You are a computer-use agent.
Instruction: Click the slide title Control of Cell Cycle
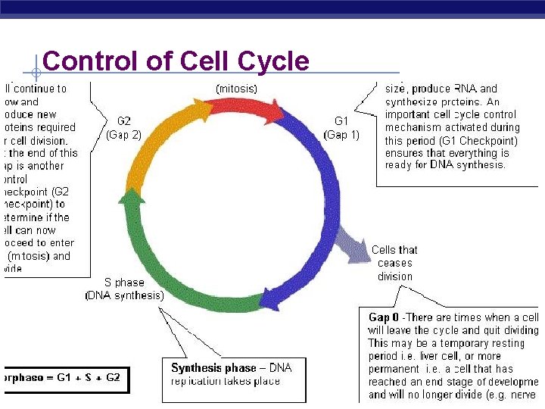(x=176, y=61)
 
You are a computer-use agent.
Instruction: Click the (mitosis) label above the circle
(x=236, y=89)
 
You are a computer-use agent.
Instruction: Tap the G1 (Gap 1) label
(x=341, y=127)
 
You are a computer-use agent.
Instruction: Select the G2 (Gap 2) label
(x=124, y=127)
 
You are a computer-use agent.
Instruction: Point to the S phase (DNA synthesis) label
(x=124, y=289)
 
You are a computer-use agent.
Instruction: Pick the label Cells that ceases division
(x=394, y=263)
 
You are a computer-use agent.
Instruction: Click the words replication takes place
(x=226, y=381)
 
